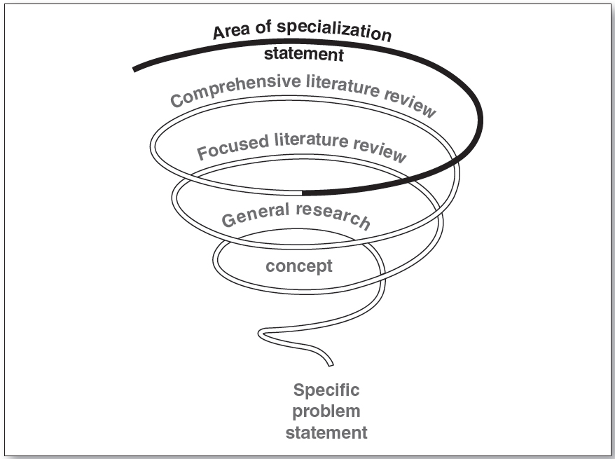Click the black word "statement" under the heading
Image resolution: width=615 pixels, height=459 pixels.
pos(303,54)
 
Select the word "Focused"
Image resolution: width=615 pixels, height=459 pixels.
pos(233,145)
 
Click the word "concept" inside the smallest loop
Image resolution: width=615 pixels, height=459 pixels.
pos(299,266)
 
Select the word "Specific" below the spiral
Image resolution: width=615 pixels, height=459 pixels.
pos(326,390)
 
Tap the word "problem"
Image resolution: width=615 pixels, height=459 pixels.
pos(326,411)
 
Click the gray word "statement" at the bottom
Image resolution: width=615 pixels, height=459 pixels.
pos(326,433)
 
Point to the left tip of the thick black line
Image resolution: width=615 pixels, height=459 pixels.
pos(134,69)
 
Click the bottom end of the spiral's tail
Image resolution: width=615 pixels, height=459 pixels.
pos(331,364)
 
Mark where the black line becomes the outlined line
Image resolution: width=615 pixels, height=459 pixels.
pos(302,192)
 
